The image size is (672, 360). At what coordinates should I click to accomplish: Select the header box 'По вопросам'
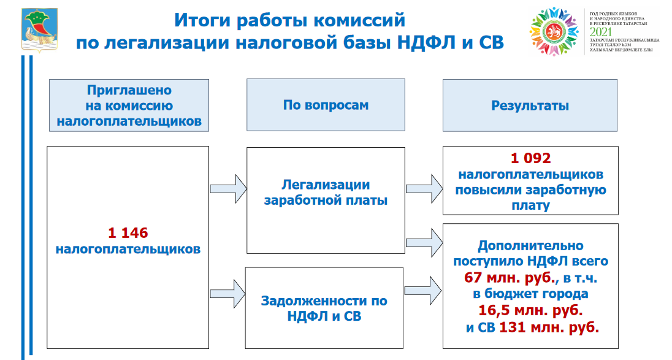(326, 105)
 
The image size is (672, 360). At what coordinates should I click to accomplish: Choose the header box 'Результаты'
(530, 105)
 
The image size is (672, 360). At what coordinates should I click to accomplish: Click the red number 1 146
(128, 232)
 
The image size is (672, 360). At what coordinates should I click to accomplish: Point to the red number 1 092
(530, 159)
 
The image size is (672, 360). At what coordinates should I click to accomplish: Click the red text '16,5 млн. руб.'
(530, 310)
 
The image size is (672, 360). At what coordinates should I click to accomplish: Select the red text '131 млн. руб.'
(549, 327)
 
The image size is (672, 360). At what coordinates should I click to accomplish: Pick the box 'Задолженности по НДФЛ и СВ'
(324, 308)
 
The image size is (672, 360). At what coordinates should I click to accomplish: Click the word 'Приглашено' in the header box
(129, 90)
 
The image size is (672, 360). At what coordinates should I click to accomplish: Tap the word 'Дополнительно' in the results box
(530, 245)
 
